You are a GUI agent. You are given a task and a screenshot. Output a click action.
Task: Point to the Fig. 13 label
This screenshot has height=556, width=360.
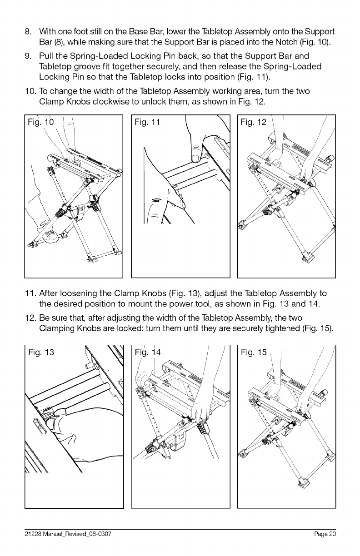[41, 352]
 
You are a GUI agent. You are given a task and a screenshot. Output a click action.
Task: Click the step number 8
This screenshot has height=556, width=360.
[27, 33]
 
